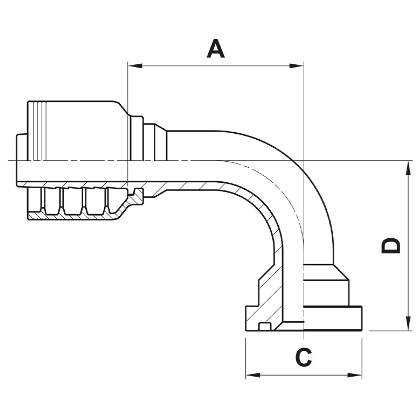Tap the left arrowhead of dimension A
[135, 65]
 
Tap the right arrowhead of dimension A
[297, 65]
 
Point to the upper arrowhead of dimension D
[408, 167]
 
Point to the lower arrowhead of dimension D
[408, 323]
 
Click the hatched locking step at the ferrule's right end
[136, 198]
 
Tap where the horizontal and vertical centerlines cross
[304, 161]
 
